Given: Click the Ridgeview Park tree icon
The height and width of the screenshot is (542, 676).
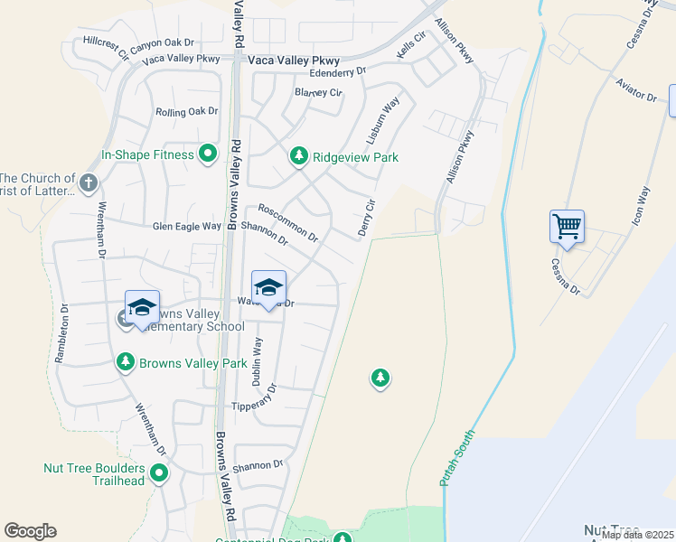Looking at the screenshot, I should click(299, 156).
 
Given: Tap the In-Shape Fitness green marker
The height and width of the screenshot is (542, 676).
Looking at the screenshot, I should click(208, 154).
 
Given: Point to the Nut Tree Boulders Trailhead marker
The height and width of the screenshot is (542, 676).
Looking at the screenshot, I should click(159, 472).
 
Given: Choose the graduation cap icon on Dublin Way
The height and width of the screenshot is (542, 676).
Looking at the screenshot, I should click(268, 288).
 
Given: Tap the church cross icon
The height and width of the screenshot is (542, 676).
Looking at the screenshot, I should click(88, 183).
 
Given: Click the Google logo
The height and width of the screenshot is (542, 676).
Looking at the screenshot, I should click(31, 531).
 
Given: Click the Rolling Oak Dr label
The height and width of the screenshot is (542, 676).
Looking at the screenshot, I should click(187, 112).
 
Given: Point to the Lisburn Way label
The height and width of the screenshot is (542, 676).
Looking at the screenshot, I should click(382, 122).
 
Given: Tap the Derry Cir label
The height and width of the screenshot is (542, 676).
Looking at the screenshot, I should click(366, 218).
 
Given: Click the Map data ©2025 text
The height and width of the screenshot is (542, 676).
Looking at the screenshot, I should click(636, 535).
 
